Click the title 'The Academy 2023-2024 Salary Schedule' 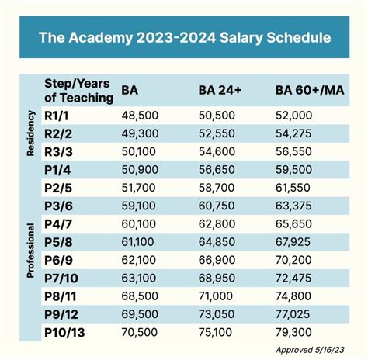coord(184,37)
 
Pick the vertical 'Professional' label coord(30,250)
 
